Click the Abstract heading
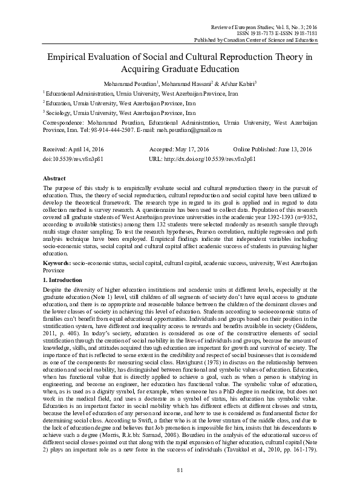point(54,180)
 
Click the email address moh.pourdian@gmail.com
point(186,130)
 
